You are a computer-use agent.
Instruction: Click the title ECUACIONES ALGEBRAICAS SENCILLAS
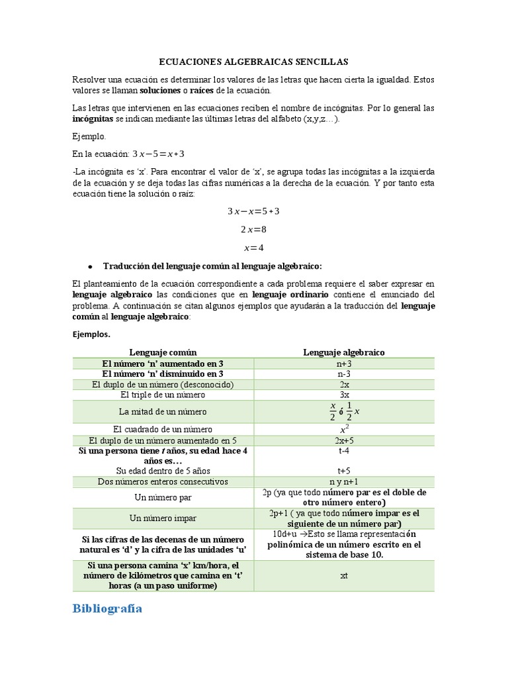pos(254,61)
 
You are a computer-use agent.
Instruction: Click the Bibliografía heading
pos(107,608)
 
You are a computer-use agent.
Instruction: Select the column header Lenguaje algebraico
pos(344,352)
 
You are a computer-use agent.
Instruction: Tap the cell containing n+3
pos(344,363)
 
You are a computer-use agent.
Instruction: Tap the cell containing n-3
pos(344,374)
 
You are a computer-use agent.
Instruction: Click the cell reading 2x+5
pos(344,440)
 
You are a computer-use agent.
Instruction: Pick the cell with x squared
pos(344,428)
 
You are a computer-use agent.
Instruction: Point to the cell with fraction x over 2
pos(344,411)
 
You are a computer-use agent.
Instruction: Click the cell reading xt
pos(344,576)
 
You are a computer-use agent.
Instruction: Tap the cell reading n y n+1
pos(344,482)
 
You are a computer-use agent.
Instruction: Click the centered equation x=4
pos(254,248)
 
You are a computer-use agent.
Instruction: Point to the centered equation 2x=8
pos(254,230)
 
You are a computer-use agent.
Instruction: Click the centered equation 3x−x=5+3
pos(254,211)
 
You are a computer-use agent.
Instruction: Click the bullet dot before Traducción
pos(89,266)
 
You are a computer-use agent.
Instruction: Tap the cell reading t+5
pos(344,471)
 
